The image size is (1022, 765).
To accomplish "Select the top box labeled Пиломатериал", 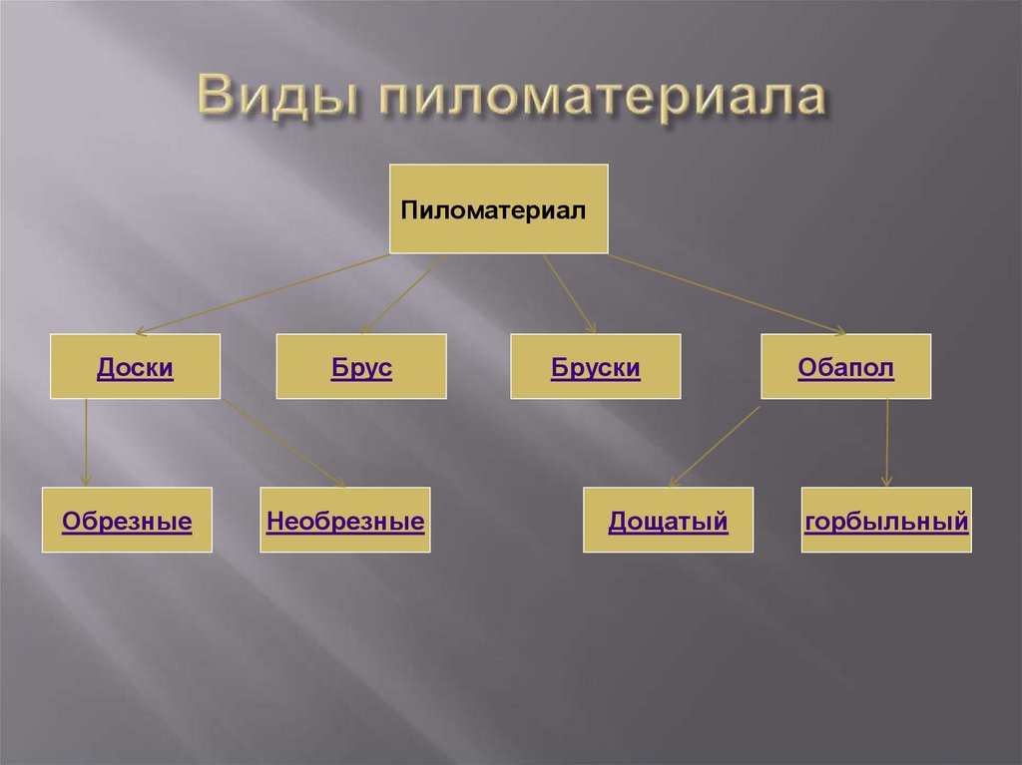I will tap(498, 208).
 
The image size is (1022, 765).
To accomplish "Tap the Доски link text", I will tap(136, 368).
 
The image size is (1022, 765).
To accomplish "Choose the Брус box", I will tap(361, 367).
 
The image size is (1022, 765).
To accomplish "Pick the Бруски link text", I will tap(595, 368).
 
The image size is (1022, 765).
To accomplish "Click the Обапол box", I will tap(845, 367).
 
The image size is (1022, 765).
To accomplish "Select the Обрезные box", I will tap(127, 520).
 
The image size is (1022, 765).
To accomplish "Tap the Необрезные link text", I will tap(345, 521).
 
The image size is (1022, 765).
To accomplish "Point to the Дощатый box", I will tap(668, 520).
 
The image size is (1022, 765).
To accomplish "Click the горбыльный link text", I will tap(886, 521).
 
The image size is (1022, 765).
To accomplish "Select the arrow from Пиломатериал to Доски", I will tap(261, 293).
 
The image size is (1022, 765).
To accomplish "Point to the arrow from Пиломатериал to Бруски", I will tap(570, 293).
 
